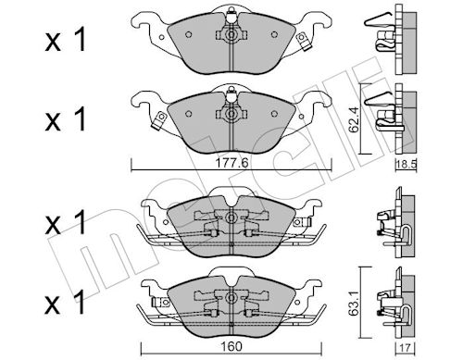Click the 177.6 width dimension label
click(231, 163)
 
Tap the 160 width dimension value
click(231, 346)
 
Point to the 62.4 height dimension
click(354, 119)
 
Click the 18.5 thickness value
click(407, 164)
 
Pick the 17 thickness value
click(406, 348)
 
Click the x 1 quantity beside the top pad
click(65, 41)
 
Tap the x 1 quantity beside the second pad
click(65, 120)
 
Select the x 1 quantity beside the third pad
click(65, 223)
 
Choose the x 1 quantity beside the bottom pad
click(65, 303)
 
